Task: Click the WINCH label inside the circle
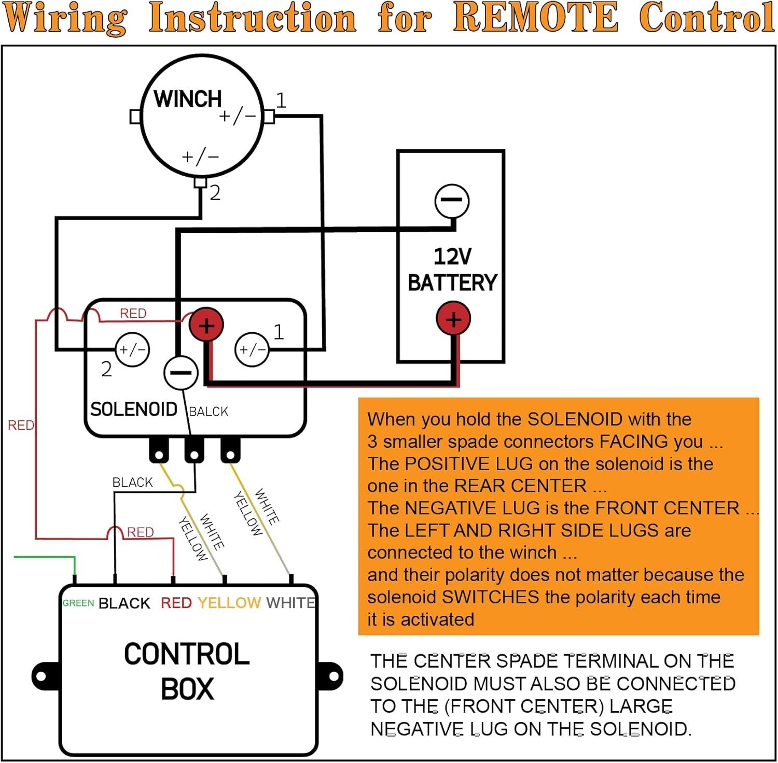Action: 187,98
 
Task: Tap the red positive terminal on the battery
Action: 453,319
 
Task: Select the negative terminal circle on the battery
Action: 452,201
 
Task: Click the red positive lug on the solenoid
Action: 206,326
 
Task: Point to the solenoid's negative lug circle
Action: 180,373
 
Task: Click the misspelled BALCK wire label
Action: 209,412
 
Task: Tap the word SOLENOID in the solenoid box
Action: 134,409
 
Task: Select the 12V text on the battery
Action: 452,257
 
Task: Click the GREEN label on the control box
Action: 78,603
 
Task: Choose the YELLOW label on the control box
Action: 229,603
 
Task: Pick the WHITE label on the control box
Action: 290,603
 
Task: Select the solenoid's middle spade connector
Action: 194,450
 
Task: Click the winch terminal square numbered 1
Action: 269,117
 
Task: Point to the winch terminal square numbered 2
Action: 200,182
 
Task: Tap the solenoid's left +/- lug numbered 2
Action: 132,350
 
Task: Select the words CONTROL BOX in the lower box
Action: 187,671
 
